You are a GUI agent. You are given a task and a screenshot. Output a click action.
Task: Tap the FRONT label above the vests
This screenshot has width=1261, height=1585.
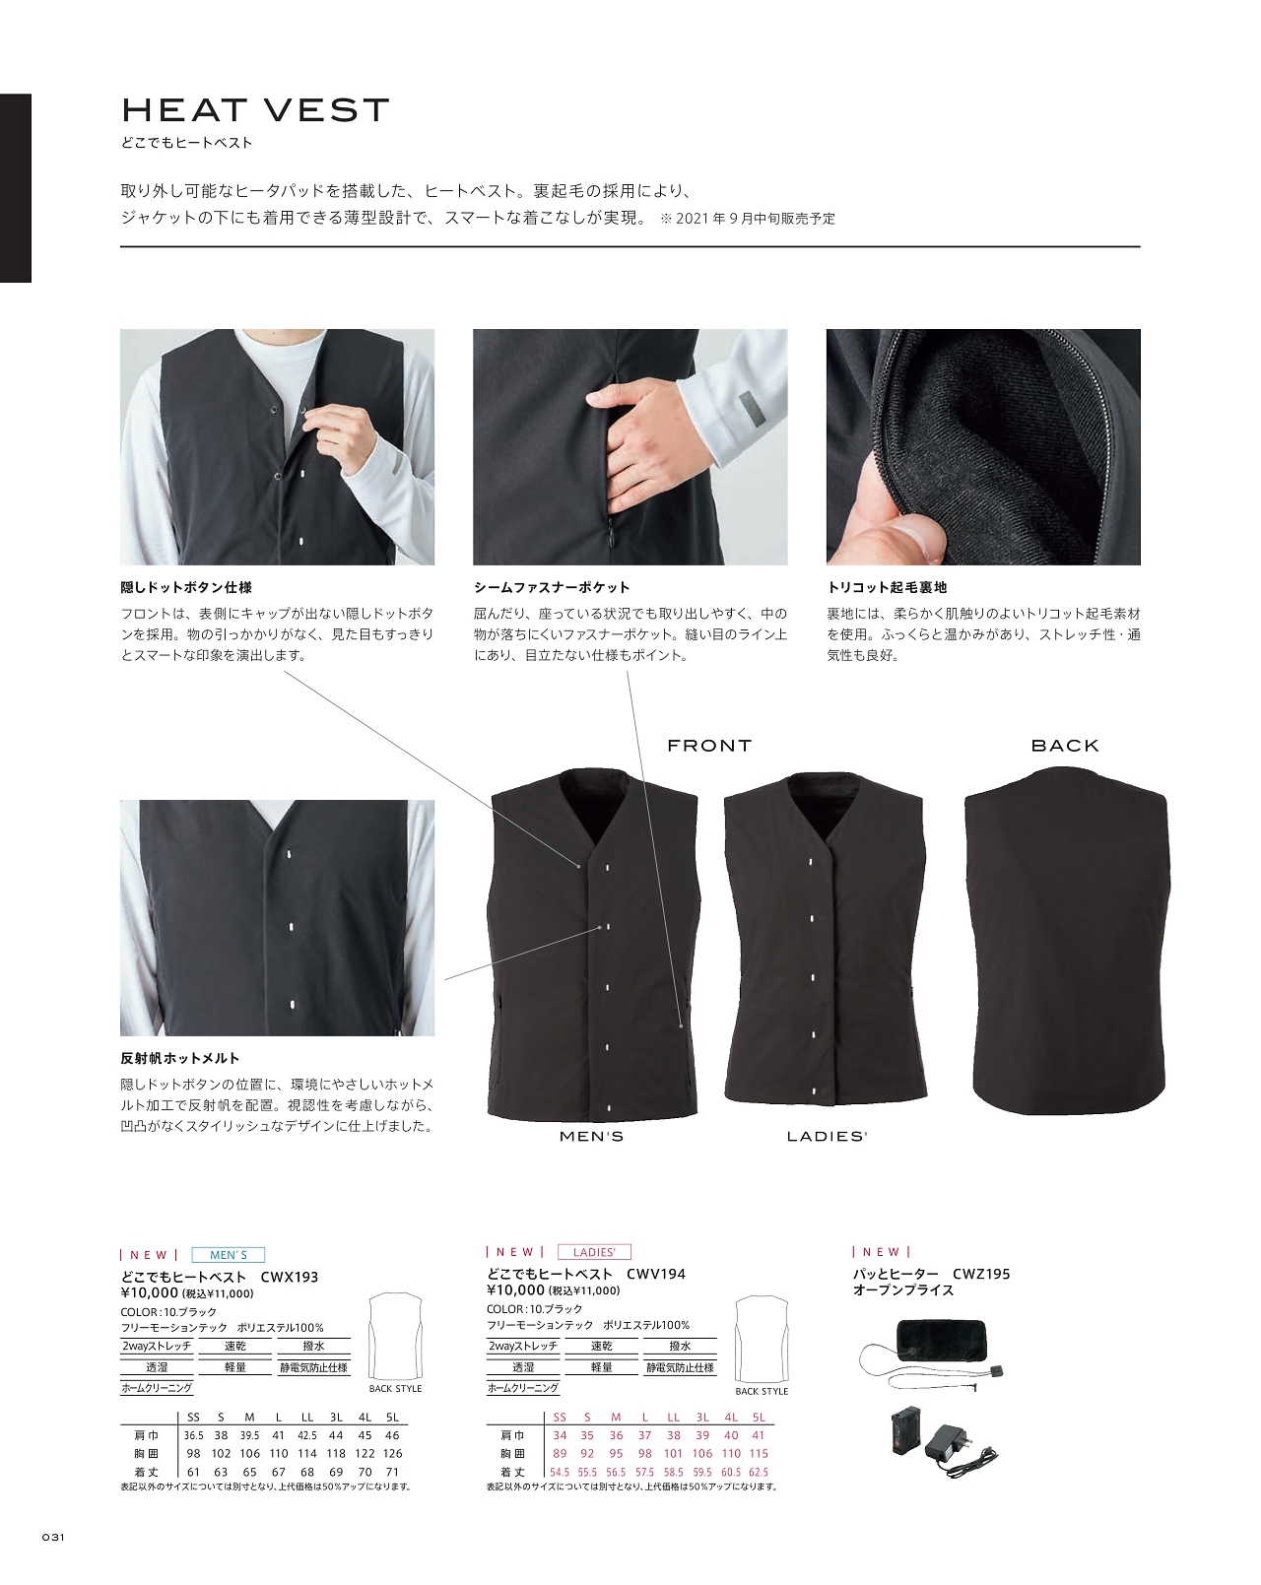[x=709, y=746]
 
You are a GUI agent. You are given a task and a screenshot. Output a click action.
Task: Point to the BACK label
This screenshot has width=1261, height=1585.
[x=1065, y=746]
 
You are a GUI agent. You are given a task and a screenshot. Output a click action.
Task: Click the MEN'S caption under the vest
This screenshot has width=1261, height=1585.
[x=591, y=1137]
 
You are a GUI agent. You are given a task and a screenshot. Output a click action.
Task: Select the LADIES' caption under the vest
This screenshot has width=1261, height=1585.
[x=828, y=1137]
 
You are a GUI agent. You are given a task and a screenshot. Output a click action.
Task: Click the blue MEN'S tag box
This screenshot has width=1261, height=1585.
[x=228, y=1255]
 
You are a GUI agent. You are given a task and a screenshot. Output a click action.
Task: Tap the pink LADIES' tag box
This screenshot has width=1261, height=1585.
[x=594, y=1252]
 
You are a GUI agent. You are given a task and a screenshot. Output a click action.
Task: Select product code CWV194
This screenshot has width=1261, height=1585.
[x=656, y=1274]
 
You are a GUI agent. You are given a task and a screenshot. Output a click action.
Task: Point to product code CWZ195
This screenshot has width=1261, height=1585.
[x=981, y=1274]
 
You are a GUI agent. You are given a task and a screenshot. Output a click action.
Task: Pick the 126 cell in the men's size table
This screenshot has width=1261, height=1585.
[x=393, y=1453]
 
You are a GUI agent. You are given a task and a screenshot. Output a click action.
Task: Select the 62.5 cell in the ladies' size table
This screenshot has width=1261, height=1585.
[x=759, y=1472]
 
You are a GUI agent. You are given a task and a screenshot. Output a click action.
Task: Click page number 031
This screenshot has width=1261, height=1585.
[x=53, y=1537]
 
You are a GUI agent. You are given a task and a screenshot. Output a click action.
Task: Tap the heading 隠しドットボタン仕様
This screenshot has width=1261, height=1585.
[x=186, y=587]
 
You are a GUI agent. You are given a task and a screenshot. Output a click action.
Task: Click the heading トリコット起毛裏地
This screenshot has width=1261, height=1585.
[x=887, y=587]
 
